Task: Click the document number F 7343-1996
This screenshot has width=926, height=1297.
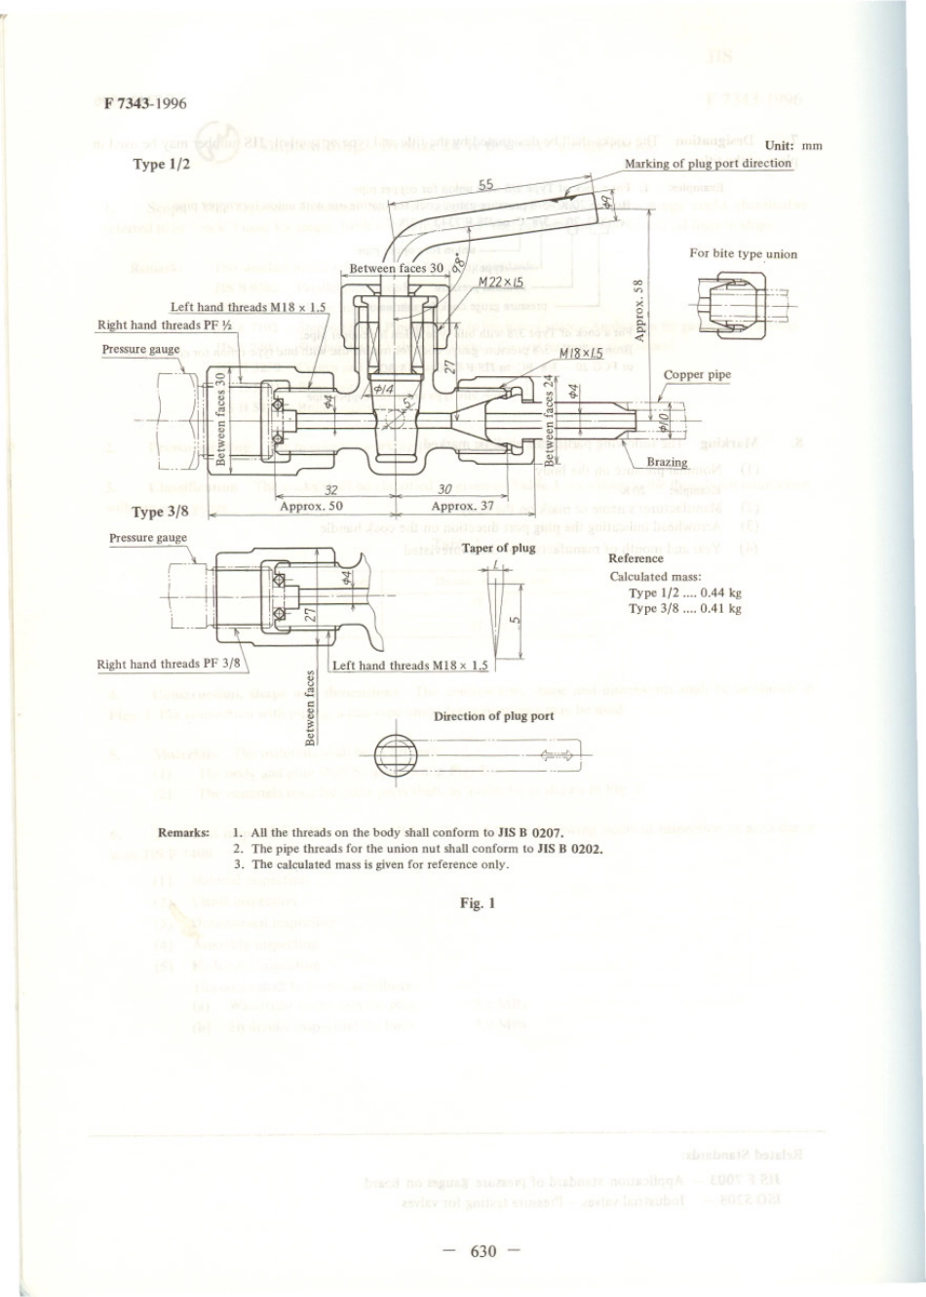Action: (145, 103)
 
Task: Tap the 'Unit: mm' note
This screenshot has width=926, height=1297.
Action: (793, 145)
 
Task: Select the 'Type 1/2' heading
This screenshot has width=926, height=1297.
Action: (161, 165)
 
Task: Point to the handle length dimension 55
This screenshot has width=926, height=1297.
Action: (486, 184)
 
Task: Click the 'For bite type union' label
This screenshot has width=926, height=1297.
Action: (743, 254)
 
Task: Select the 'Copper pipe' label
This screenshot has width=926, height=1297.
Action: (697, 375)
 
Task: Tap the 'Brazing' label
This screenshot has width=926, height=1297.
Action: (667, 462)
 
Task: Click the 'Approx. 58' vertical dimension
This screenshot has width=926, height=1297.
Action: (638, 310)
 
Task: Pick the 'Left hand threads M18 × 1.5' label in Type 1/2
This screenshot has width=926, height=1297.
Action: (249, 307)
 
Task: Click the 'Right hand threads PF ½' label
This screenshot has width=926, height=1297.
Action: (164, 325)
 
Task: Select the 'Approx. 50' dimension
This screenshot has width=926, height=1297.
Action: (311, 507)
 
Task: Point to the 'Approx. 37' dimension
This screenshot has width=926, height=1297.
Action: (463, 507)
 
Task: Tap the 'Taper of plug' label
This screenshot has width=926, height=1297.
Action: (499, 549)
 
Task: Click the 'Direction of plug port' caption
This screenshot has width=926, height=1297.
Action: (493, 716)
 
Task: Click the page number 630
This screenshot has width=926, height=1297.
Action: (482, 1251)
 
